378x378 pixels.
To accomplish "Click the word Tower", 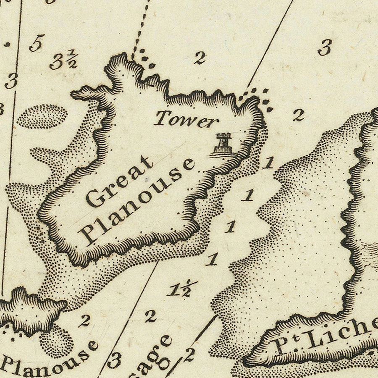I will pyautogui.click(x=186, y=120).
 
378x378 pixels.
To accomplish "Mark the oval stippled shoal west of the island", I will pyautogui.click(x=42, y=116).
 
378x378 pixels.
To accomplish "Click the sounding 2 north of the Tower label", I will pyautogui.click(x=200, y=58).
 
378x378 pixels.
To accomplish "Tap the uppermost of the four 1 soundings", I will pyautogui.click(x=268, y=163).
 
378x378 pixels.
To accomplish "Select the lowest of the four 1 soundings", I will pyautogui.click(x=213, y=260).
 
